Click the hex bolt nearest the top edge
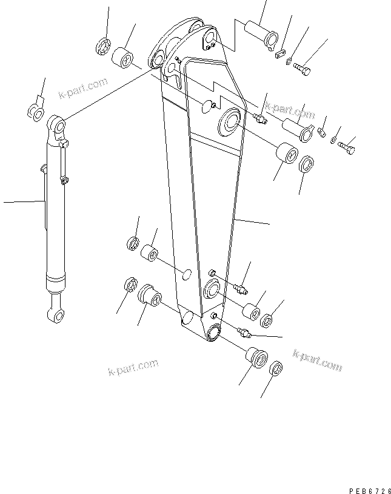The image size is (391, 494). (x=302, y=72)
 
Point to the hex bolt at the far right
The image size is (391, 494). (x=347, y=146)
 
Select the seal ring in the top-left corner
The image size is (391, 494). (x=103, y=46)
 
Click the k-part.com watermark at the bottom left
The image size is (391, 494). (x=133, y=367)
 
